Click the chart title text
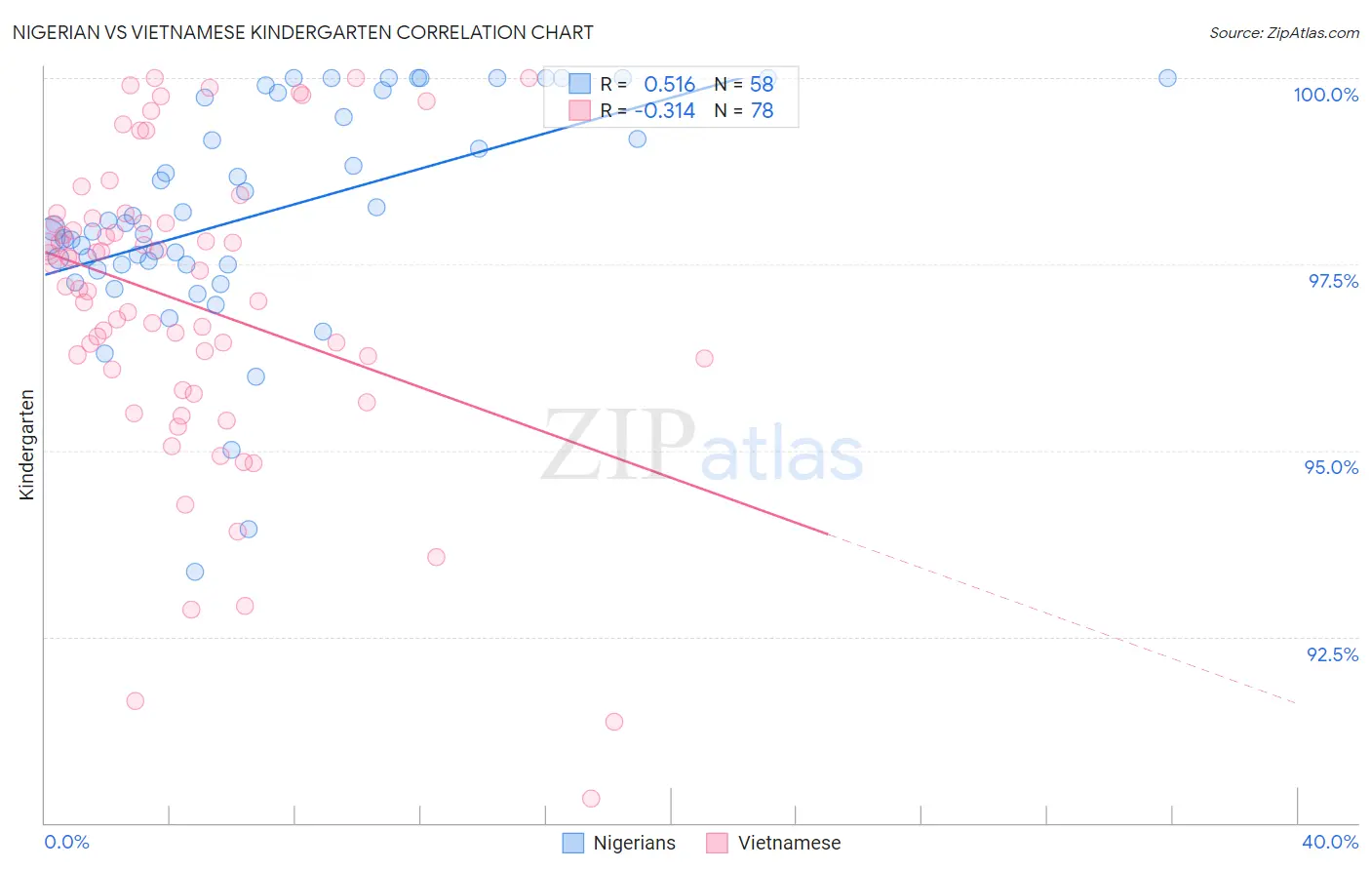click(302, 32)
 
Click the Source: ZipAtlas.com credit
click(1283, 32)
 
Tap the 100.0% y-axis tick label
click(1325, 95)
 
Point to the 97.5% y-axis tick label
click(1332, 281)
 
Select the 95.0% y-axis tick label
click(1331, 467)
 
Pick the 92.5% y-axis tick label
click(1332, 654)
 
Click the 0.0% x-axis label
click(66, 842)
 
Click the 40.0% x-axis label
click(1329, 842)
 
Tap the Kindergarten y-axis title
click(26, 445)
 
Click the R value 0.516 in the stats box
click(669, 85)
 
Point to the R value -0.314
click(664, 111)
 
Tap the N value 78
click(762, 111)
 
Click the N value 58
click(762, 85)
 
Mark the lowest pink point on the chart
click(591, 799)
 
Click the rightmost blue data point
click(1167, 78)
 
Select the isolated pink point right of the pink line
click(704, 358)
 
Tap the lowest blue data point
click(195, 572)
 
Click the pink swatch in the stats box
click(579, 110)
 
